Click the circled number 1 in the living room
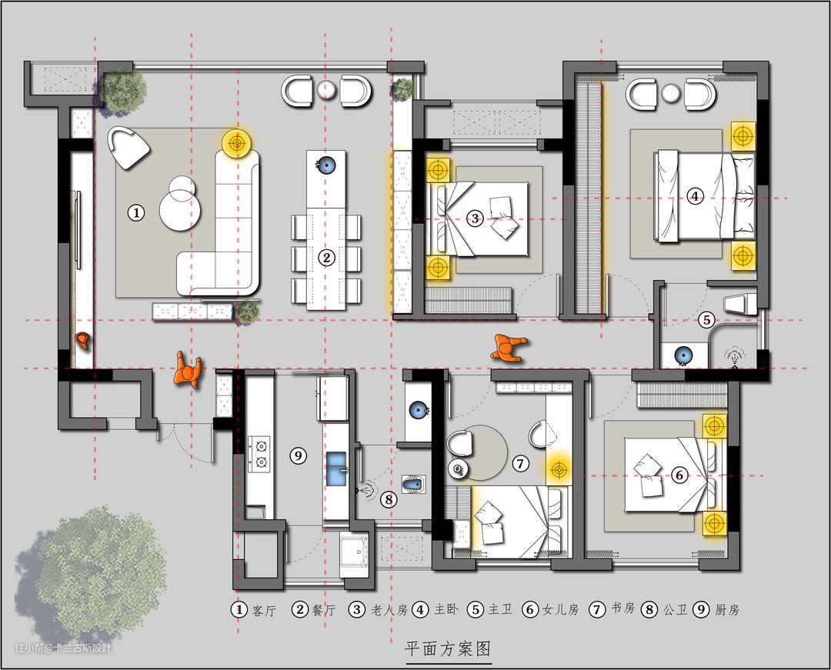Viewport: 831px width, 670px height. tap(136, 213)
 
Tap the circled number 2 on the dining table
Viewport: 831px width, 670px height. tap(326, 258)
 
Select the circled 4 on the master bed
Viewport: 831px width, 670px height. tap(694, 196)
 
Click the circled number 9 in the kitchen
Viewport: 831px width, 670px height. tap(298, 455)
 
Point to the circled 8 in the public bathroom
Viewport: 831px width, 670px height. tap(389, 498)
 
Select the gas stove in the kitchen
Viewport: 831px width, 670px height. tap(259, 454)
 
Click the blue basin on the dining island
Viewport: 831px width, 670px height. tap(325, 165)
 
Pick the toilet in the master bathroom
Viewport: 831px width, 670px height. tap(740, 304)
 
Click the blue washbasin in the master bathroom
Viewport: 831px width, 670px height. tap(684, 355)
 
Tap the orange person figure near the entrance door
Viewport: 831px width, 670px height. tap(188, 369)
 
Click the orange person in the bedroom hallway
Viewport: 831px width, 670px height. tap(508, 348)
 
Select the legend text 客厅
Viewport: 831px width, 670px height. tap(265, 610)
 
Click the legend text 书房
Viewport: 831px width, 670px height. tap(622, 608)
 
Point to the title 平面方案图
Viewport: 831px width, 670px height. tap(448, 648)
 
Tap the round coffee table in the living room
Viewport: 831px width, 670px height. tap(180, 210)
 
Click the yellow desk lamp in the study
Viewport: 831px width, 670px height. tap(558, 469)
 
